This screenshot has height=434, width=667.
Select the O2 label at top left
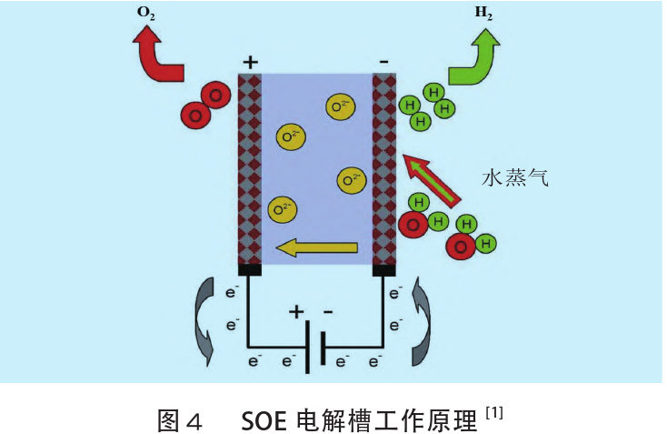pyautogui.click(x=145, y=13)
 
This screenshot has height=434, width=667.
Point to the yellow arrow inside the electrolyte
pyautogui.click(x=318, y=246)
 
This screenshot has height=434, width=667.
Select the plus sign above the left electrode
pyautogui.click(x=251, y=62)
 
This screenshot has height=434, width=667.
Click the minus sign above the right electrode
pyautogui.click(x=383, y=62)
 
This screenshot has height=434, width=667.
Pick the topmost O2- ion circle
pyautogui.click(x=341, y=107)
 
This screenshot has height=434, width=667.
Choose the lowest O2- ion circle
pyautogui.click(x=283, y=209)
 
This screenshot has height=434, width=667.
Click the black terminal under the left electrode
pyautogui.click(x=250, y=269)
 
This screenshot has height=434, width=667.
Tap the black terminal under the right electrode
pyautogui.click(x=384, y=269)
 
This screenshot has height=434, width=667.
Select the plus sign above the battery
pyautogui.click(x=296, y=312)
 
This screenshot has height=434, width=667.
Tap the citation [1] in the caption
pyautogui.click(x=494, y=414)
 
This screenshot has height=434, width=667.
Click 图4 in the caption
pyautogui.click(x=178, y=420)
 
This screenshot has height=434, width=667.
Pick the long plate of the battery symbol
pyautogui.click(x=305, y=347)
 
